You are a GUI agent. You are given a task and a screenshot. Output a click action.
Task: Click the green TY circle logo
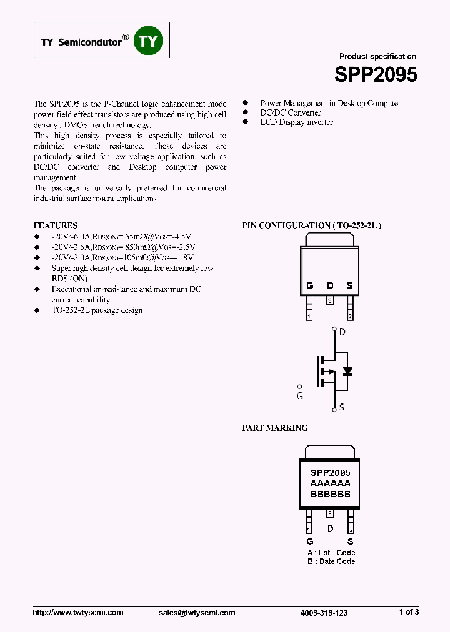tap(149, 42)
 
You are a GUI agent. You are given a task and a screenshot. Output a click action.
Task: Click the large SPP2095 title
tap(375, 75)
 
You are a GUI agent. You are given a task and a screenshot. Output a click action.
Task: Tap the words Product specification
tap(377, 56)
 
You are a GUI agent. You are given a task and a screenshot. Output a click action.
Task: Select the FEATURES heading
tap(56, 225)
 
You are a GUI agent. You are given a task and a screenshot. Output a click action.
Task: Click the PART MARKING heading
tap(275, 428)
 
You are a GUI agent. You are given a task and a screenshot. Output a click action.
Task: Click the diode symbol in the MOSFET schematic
tap(348, 371)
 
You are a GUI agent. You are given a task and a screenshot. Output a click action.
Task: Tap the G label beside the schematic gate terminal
tap(300, 396)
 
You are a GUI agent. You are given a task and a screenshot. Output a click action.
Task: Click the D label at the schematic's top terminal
tap(342, 332)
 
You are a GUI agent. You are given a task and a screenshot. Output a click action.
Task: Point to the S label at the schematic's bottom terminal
tap(342, 407)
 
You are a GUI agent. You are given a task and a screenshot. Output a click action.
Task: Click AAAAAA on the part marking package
tap(330, 483)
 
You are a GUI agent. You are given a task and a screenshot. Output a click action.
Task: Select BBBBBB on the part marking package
tap(330, 493)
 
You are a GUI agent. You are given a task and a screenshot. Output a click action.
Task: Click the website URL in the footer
tap(78, 613)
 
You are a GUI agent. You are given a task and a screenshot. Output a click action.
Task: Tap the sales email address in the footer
tap(197, 613)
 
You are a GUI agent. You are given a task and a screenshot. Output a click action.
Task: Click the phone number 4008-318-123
tap(324, 613)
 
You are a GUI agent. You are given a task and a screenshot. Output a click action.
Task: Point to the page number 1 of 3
tap(409, 612)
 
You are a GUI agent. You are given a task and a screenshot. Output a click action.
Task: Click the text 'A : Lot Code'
tap(331, 552)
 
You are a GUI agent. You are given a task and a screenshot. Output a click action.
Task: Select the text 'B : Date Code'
tap(331, 561)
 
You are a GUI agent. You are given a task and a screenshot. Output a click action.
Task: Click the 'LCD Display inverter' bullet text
tap(296, 122)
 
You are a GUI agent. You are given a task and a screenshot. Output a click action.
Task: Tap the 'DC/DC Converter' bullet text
tap(291, 113)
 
